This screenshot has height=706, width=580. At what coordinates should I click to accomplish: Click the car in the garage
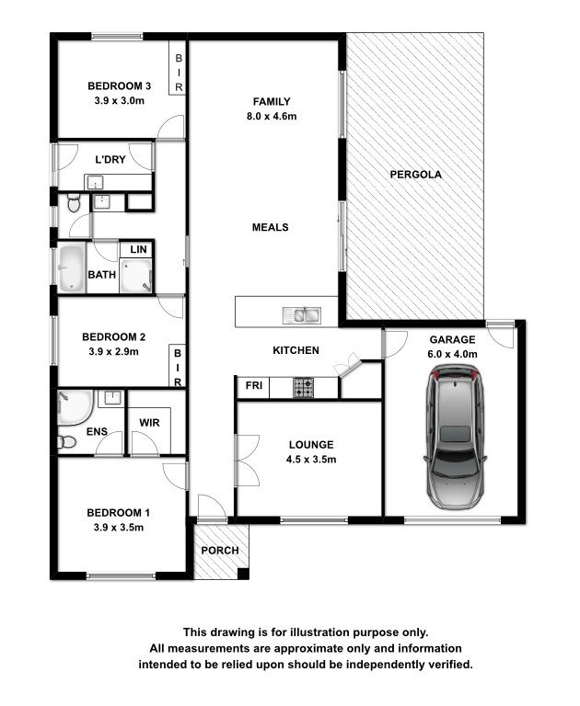455,437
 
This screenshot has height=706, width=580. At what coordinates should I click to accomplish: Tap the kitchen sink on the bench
301,315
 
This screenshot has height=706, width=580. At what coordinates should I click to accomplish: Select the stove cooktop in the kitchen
304,387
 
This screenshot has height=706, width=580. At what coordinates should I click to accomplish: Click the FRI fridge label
254,385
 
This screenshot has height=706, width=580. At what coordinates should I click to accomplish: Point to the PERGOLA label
415,175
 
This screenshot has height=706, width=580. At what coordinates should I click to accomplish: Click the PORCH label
220,551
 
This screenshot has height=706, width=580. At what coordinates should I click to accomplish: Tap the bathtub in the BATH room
71,268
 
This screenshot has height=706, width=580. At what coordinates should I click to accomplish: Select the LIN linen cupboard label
138,249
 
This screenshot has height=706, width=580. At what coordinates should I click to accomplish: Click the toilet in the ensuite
67,441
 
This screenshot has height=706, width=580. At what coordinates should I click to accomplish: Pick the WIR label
149,423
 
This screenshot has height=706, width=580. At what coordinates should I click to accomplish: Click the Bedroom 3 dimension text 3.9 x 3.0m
120,101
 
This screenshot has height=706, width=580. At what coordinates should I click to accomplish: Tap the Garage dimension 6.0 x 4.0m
452,354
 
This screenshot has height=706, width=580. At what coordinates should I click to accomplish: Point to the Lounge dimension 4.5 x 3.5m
311,460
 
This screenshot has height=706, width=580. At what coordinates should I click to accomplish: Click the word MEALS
270,227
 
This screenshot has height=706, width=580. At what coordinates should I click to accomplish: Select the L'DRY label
110,159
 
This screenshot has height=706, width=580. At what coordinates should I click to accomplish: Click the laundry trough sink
95,183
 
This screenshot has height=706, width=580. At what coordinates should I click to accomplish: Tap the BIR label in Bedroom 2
178,368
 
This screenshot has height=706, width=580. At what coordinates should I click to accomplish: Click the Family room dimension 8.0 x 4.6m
272,116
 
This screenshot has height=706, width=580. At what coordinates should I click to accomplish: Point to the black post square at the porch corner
243,574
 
